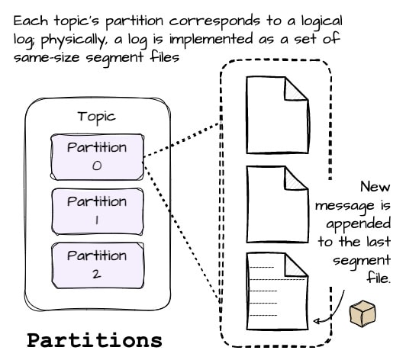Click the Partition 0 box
click(x=97, y=157)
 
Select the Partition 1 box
click(x=98, y=211)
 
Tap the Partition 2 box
click(x=98, y=265)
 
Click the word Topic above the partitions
click(x=97, y=117)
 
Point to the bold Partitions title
click(x=95, y=340)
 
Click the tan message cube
click(x=362, y=313)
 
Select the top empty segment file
click(x=277, y=115)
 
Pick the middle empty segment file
click(x=277, y=204)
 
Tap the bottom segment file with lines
click(x=277, y=291)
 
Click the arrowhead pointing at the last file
click(x=317, y=321)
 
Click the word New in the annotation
click(x=375, y=186)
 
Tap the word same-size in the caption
click(x=47, y=57)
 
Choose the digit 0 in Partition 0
click(x=97, y=166)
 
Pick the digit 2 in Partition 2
click(x=97, y=274)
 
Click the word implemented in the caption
click(x=211, y=40)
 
